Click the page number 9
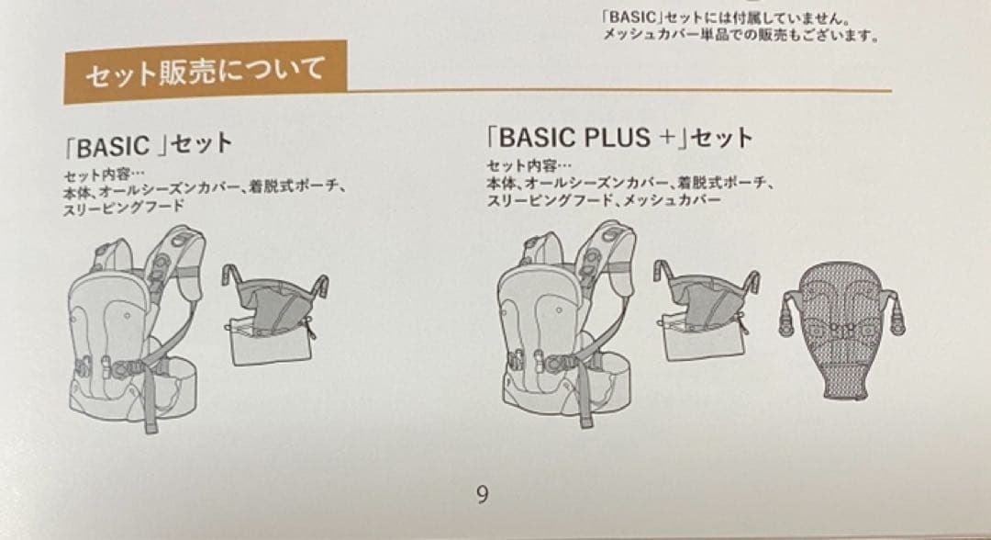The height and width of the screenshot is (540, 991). coord(483,495)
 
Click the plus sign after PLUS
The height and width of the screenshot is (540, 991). coord(666,138)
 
